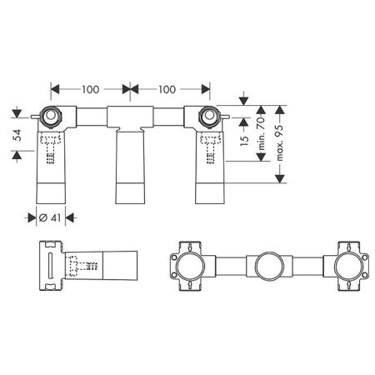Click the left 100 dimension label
point(91,89)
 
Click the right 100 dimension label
point(167,89)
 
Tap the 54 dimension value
point(17,135)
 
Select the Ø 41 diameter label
point(50,217)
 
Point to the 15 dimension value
point(244,140)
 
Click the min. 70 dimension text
point(262,133)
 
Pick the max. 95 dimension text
point(280,142)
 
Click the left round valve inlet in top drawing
point(51,115)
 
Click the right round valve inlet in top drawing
point(208,115)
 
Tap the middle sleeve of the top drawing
point(130,167)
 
